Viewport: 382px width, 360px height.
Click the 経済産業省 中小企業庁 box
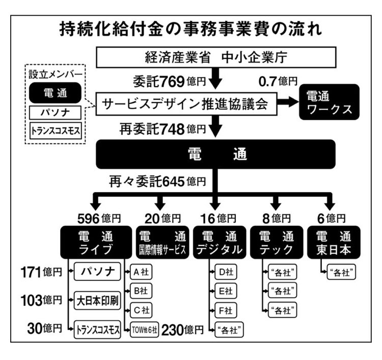point(216,57)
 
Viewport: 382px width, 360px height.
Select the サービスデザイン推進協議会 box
point(186,104)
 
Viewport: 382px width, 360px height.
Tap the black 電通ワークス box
point(329,102)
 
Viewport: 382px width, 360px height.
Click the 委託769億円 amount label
point(169,81)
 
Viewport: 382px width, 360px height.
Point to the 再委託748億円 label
point(162,129)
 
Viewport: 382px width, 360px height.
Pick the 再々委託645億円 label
point(157,181)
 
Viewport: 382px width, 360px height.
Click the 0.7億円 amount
point(278,81)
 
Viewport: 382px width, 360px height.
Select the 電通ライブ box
point(96,242)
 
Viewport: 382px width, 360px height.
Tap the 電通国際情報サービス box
point(162,242)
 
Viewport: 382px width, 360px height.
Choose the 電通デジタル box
point(220,242)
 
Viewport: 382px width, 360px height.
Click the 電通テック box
point(277,242)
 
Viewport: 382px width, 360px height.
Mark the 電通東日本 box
point(334,242)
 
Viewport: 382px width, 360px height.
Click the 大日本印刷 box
point(97,300)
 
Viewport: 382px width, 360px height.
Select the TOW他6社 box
point(145,330)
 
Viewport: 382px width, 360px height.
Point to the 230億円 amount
point(182,330)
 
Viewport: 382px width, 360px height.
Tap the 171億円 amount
point(41,272)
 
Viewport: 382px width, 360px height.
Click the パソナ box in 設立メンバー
point(56,113)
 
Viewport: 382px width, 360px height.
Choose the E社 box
point(226,291)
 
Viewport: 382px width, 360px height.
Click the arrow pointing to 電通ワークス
point(288,101)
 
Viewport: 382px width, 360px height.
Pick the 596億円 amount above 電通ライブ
point(99,219)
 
